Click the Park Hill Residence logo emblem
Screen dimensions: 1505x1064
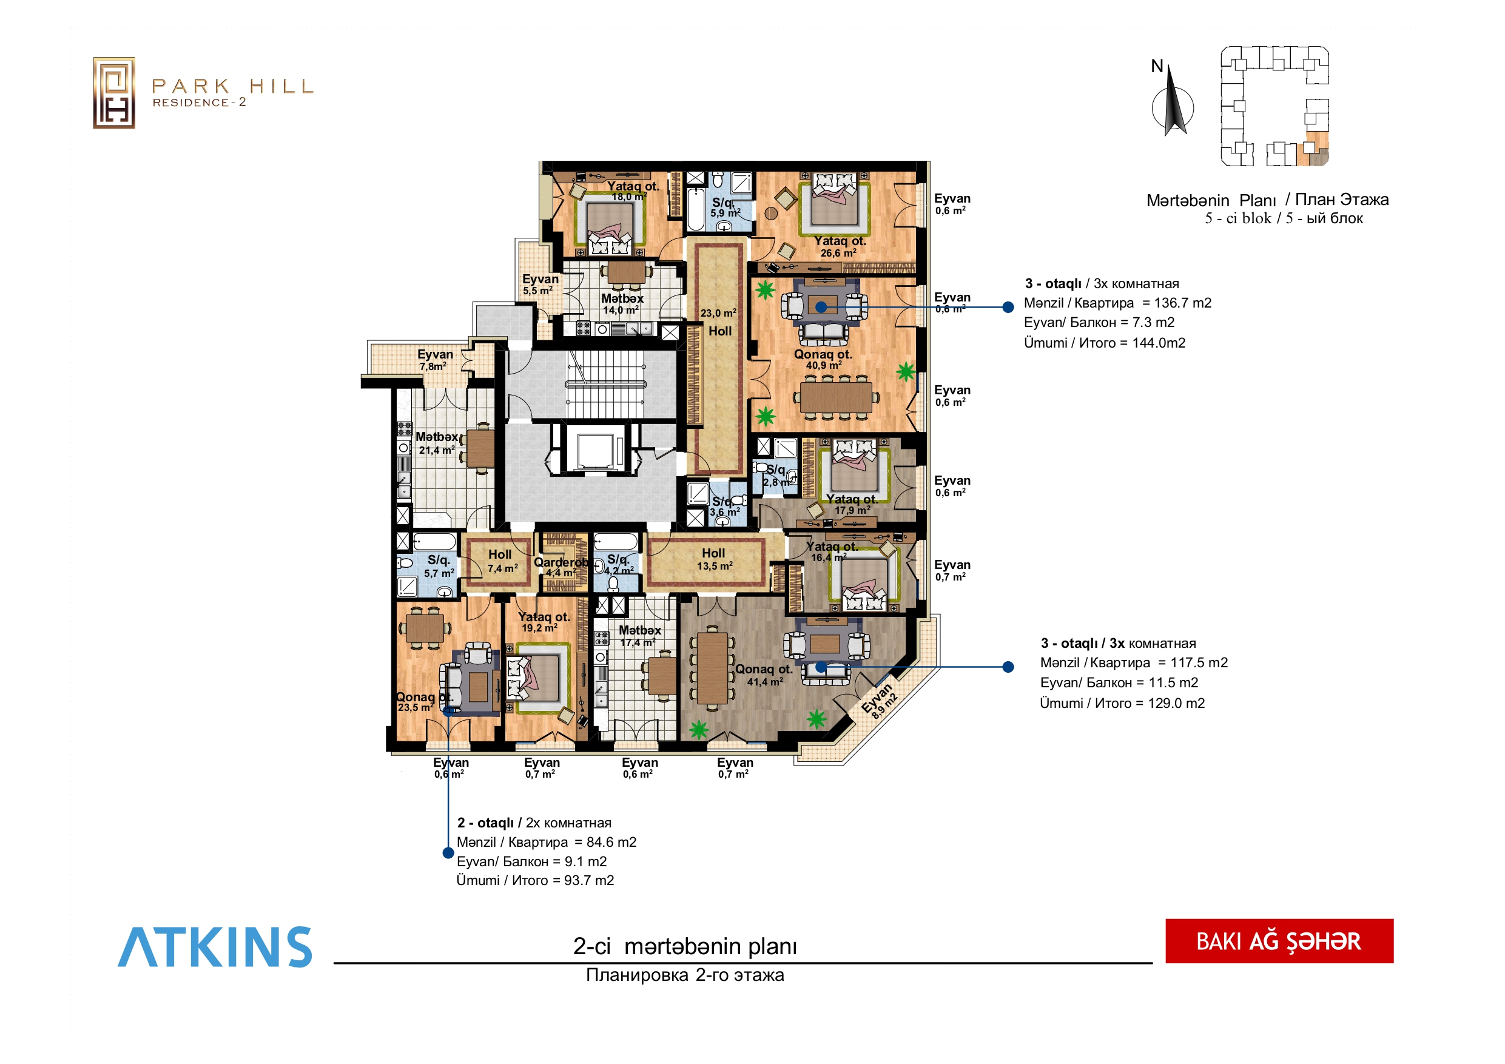point(114,92)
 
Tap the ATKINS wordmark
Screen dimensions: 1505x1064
point(215,947)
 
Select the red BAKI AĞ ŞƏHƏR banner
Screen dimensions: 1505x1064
point(1279,941)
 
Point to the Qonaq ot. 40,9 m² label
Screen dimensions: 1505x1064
point(823,359)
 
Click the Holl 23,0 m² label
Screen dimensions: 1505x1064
point(719,323)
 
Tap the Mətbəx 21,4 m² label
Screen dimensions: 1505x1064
point(437,443)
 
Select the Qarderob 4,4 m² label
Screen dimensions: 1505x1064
point(561,567)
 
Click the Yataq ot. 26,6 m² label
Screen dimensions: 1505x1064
point(840,246)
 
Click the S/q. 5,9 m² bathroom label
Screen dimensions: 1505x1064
point(725,207)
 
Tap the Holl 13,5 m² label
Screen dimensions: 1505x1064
point(714,559)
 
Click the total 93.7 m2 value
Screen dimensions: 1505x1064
point(588,880)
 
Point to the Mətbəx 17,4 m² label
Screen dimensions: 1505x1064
point(640,636)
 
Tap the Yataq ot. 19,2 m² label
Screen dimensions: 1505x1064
point(544,622)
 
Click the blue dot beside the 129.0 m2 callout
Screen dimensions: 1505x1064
point(1008,667)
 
